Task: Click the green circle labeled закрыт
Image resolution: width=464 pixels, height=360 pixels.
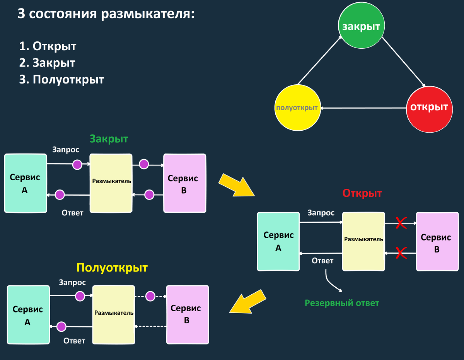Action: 361,26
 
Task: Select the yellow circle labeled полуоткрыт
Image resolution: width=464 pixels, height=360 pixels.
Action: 297,108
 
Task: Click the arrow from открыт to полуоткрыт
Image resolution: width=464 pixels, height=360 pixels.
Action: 363,108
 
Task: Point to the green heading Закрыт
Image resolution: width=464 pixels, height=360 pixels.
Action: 109,139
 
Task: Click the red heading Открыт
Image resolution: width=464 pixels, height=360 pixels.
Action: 362,193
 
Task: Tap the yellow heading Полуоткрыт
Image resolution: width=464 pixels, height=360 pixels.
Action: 112,268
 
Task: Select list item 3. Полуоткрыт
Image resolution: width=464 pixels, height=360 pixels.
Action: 62,80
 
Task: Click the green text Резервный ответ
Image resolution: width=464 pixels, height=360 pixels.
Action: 342,303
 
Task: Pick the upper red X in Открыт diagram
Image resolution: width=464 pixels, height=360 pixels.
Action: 401,222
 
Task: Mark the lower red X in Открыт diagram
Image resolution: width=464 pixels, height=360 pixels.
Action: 401,253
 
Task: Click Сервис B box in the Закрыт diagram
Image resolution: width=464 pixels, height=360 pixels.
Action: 184,183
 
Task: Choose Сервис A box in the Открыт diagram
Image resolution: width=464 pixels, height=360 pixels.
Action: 278,241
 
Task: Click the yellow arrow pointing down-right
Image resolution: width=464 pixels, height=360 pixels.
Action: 235,184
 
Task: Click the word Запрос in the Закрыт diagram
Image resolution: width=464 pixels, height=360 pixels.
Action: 66,150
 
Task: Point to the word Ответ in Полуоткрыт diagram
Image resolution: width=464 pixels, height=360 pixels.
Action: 74,341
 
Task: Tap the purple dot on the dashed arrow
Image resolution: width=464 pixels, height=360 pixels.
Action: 150,296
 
